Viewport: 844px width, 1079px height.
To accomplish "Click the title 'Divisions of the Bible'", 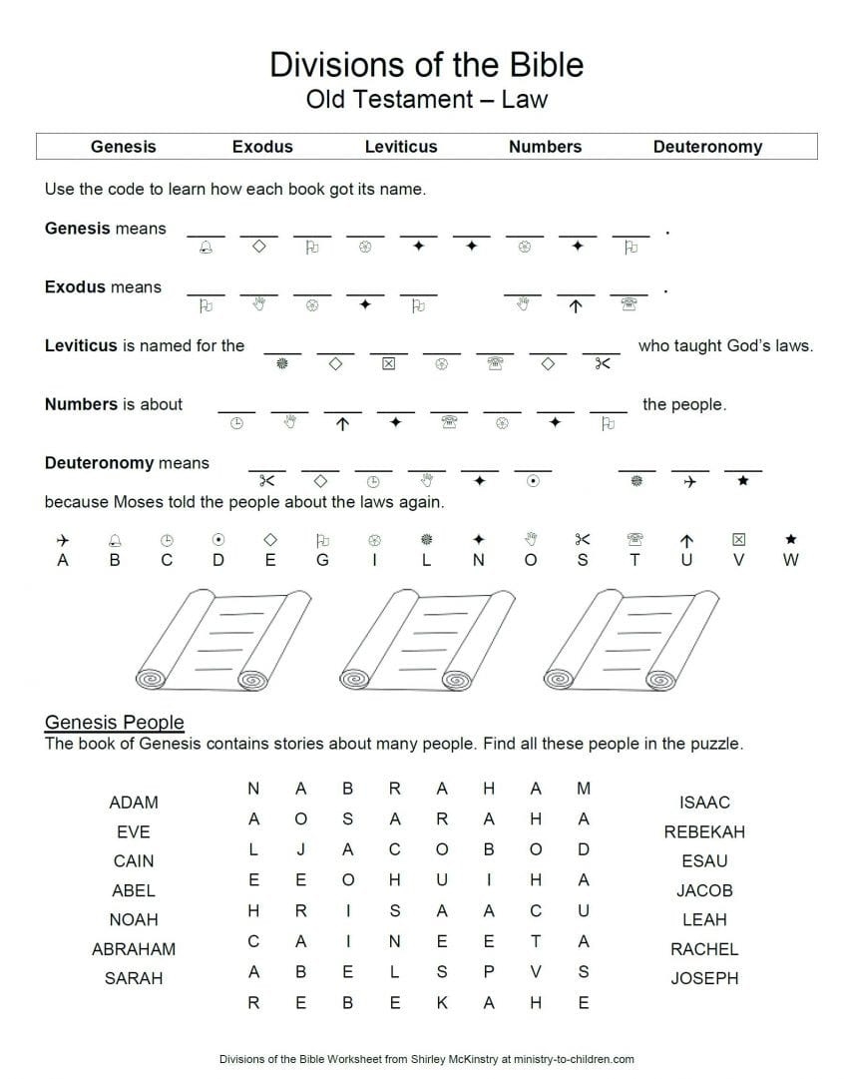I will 426,64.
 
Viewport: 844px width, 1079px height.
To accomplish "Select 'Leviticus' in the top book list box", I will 401,147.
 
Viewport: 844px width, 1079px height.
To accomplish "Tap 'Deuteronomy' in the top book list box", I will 706,147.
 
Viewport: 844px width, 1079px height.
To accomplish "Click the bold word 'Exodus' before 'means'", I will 75,287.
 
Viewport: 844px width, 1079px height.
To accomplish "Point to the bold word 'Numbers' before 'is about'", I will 81,404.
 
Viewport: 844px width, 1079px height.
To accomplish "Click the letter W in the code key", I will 790,561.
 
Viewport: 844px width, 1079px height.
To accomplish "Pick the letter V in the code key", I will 738,561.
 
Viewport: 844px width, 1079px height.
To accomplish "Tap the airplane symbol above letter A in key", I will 64,539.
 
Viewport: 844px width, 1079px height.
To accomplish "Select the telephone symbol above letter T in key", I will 634,539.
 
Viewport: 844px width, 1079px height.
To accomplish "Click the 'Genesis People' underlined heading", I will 115,723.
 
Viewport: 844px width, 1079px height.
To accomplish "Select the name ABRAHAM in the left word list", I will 134,949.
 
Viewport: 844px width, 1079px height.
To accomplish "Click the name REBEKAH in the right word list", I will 704,831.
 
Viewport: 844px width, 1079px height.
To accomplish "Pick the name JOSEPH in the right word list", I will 704,978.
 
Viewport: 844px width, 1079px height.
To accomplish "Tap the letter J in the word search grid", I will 300,850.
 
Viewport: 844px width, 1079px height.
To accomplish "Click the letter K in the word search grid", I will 442,1003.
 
